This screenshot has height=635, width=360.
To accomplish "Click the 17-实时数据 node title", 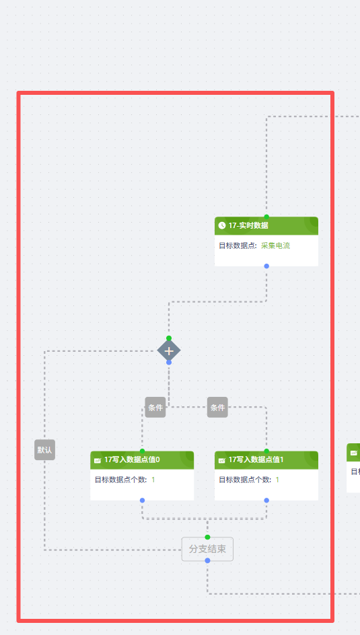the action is (x=248, y=225).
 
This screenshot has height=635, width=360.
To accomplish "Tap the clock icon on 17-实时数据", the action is (x=222, y=225).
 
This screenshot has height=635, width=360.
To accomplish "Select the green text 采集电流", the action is (x=275, y=246).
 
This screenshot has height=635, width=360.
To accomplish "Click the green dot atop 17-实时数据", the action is (x=266, y=217).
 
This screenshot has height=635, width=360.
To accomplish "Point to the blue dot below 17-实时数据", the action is (x=266, y=266).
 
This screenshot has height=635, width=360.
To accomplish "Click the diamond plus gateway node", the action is (x=169, y=350).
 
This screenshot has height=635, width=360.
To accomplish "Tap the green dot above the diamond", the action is (x=169, y=338).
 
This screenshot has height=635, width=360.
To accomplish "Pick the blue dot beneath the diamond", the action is (x=169, y=363).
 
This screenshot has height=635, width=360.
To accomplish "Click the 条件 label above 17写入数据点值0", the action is (x=155, y=408).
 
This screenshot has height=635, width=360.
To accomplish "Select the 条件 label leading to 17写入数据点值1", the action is (x=217, y=408).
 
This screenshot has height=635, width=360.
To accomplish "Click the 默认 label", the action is (x=44, y=450).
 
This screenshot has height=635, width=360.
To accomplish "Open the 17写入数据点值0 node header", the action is (x=142, y=460).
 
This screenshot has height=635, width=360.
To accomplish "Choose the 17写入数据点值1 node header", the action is (x=266, y=460).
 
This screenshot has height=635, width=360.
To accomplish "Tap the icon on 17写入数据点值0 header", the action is (x=98, y=460).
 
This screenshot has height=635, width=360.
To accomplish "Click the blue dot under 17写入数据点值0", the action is (x=142, y=500).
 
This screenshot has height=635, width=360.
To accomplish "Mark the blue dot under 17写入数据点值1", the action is (x=266, y=500).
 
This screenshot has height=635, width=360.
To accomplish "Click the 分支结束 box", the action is (x=207, y=549).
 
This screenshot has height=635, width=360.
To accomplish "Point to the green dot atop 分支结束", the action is (x=207, y=537).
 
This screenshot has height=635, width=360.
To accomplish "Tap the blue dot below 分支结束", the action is (x=207, y=560).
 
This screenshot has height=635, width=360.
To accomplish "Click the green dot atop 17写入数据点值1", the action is (x=266, y=451).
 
